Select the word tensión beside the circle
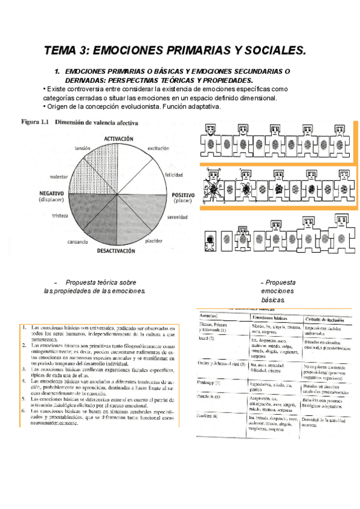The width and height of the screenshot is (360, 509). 83,148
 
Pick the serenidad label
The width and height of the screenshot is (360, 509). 178,217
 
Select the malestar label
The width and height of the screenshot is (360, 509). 59,178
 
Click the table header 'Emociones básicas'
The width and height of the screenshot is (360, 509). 271,318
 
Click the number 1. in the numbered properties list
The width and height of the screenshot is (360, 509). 22,328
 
